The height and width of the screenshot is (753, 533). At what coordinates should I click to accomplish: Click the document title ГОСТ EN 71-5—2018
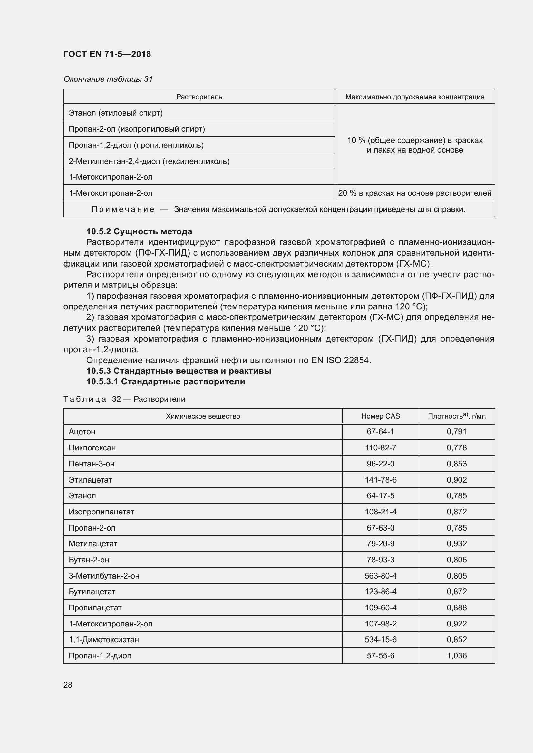[107, 54]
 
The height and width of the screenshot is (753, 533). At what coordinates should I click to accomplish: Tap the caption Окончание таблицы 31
[108, 79]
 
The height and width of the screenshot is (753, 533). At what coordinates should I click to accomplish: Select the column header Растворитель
[199, 97]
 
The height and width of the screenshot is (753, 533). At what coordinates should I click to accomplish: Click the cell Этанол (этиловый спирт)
[116, 113]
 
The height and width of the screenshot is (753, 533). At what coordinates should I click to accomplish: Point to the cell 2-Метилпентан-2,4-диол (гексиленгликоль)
[149, 161]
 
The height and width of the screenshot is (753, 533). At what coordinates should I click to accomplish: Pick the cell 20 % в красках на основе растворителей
[414, 193]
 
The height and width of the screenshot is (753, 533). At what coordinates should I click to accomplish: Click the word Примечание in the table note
[123, 209]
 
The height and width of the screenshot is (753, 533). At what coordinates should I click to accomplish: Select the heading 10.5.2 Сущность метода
[139, 231]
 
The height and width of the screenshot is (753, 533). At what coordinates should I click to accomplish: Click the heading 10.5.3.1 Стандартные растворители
[165, 381]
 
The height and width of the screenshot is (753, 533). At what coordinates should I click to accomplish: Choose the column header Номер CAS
[380, 416]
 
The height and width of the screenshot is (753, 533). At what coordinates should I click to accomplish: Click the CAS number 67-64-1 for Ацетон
[380, 432]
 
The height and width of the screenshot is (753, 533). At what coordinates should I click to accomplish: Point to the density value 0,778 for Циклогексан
[456, 448]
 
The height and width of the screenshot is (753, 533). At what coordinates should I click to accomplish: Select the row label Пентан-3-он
[92, 464]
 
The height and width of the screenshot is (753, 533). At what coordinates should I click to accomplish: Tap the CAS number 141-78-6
[380, 480]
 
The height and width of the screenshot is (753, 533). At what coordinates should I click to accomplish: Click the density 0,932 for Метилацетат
[456, 544]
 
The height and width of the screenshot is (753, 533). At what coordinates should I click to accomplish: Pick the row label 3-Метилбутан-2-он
[104, 576]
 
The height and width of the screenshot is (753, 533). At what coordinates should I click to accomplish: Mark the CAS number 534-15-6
[380, 640]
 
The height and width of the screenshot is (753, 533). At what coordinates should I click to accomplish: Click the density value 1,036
[456, 656]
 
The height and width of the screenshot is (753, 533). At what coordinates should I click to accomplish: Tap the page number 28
[68, 685]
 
